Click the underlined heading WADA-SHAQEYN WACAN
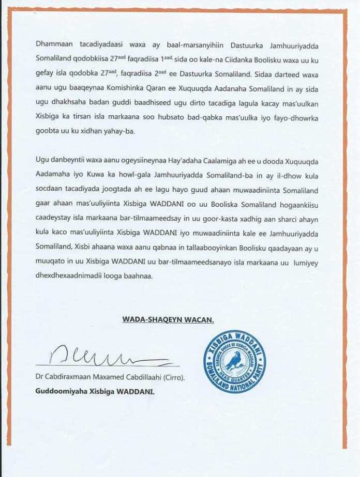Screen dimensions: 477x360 click(x=168, y=320)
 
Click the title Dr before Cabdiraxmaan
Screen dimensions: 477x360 click(x=40, y=378)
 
